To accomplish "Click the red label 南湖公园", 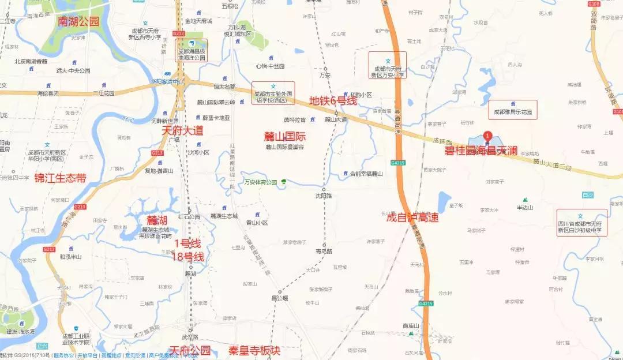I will (79, 21).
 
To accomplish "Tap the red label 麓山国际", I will (284, 137).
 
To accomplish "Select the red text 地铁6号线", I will (333, 100).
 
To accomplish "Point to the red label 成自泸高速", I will (412, 217).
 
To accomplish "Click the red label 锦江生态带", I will (60, 178).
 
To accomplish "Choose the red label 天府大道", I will (182, 131).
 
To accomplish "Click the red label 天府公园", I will (190, 351).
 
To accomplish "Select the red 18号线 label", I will (190, 256).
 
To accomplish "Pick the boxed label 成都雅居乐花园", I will (512, 112).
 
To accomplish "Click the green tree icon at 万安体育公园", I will (283, 182).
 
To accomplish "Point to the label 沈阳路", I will (324, 196).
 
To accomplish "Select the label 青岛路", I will (324, 251).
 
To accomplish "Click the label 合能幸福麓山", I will (362, 173).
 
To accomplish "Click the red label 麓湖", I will (156, 220).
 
